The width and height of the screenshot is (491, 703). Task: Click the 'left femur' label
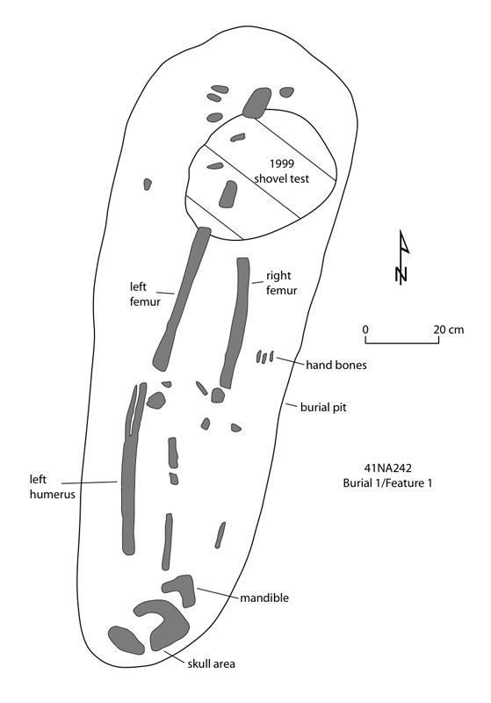(x=145, y=294)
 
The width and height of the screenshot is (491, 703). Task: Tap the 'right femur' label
(x=282, y=282)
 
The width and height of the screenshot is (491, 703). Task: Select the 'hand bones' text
(x=336, y=365)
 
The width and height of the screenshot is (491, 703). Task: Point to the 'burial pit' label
(x=323, y=407)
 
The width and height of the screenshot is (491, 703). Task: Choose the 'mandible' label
(x=264, y=598)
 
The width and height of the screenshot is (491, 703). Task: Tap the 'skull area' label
(x=211, y=663)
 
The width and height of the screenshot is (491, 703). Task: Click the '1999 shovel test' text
(x=282, y=170)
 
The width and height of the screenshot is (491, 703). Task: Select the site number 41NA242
(x=388, y=468)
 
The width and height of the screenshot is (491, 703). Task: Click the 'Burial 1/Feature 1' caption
(x=387, y=482)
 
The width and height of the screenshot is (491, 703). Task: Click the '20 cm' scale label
(x=449, y=330)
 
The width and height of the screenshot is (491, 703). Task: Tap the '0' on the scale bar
(x=365, y=330)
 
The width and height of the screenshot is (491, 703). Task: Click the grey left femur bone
(x=182, y=299)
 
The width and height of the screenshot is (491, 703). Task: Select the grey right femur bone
(x=234, y=323)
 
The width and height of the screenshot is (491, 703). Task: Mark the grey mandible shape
(x=180, y=589)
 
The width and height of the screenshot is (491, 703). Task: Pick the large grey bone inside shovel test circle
(x=228, y=194)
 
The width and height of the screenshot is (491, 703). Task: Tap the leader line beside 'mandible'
(x=217, y=592)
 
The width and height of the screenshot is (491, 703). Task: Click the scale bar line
(x=402, y=344)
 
